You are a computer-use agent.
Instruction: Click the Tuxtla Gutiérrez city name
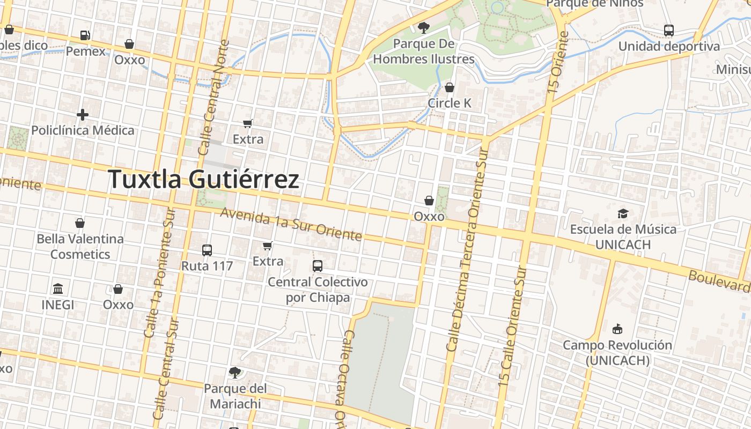[203, 179]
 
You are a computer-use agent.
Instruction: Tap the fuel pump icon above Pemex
[85, 35]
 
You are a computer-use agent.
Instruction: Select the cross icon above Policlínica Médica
[83, 114]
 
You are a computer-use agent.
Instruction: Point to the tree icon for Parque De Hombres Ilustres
[424, 27]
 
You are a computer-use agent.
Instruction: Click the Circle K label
[450, 103]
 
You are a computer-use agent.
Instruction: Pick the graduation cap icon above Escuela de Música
[623, 213]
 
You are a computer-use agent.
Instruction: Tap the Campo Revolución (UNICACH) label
[617, 352]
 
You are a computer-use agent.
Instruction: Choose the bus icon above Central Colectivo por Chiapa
[318, 265]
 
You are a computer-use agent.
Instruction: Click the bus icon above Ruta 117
[207, 250]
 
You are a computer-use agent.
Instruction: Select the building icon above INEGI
[58, 289]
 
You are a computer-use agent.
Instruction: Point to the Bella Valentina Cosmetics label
[80, 246]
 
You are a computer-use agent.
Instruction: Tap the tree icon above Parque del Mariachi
[234, 372]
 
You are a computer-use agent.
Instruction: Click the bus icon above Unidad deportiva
[669, 31]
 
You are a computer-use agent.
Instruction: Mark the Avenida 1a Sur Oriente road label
[291, 224]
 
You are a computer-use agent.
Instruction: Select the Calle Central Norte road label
[213, 98]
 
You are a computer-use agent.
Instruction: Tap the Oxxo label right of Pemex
[129, 60]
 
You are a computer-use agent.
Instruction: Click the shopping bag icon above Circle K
[450, 87]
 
